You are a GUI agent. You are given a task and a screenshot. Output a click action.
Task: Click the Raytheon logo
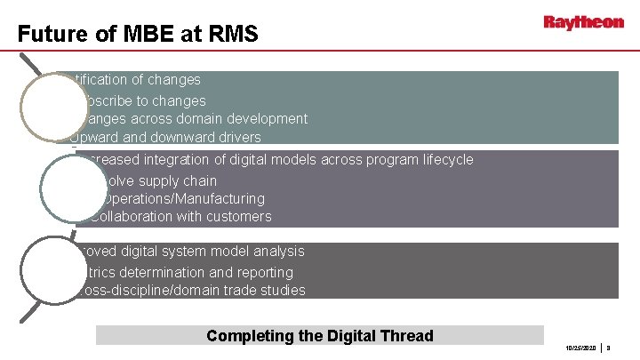click(x=583, y=22)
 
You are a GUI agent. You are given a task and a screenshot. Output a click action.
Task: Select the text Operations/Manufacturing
click(x=178, y=198)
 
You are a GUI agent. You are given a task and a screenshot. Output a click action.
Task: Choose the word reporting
click(x=260, y=272)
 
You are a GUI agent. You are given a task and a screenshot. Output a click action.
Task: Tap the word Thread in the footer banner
click(x=406, y=335)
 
